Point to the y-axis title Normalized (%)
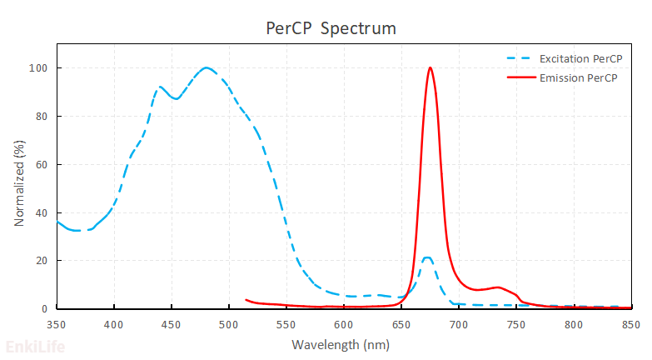tap(18, 184)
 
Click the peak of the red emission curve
tap(430, 67)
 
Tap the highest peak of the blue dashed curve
tap(207, 67)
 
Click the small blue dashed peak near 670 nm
tap(426, 257)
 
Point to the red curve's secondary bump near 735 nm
tap(498, 287)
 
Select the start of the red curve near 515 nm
tap(246, 299)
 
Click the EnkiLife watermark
tap(35, 347)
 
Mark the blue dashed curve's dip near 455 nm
tap(176, 98)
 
